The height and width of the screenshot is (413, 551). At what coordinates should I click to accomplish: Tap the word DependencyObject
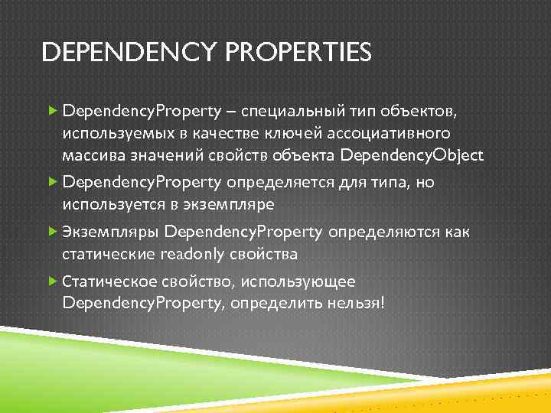(x=412, y=156)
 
